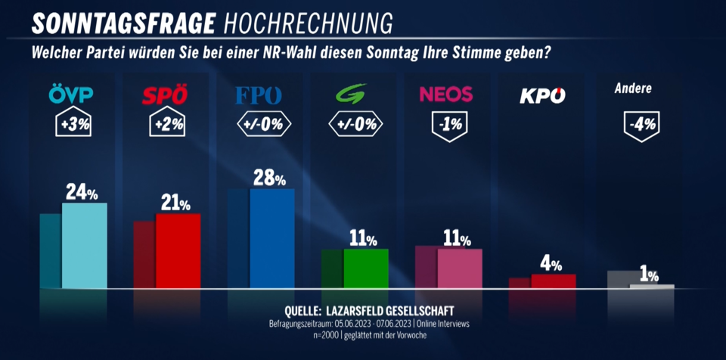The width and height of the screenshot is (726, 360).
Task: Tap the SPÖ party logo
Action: tap(165, 96)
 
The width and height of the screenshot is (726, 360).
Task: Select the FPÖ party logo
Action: tap(259, 96)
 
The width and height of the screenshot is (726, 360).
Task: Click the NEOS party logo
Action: tap(445, 95)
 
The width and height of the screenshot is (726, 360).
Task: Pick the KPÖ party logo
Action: tap(543, 96)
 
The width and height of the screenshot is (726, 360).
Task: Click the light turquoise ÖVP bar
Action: tap(84, 246)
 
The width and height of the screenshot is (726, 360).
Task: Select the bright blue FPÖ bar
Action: tap(271, 238)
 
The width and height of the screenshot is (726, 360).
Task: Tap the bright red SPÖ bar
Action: tap(178, 251)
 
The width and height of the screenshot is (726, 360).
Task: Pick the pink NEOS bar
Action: tap(459, 268)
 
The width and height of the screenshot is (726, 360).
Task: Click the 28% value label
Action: tap(269, 178)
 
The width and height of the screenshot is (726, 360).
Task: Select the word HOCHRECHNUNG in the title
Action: tap(309, 23)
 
